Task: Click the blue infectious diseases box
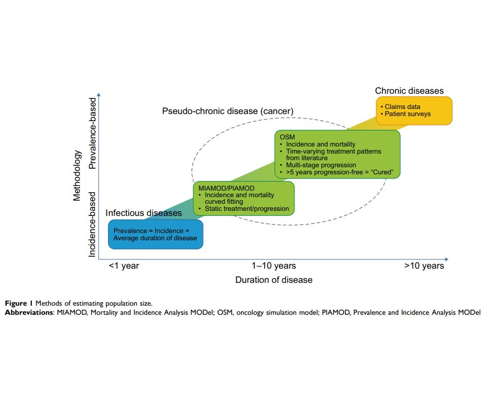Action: (x=156, y=234)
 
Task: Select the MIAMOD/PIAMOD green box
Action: (x=244, y=198)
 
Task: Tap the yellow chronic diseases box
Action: (x=414, y=111)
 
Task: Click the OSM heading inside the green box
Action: (x=287, y=137)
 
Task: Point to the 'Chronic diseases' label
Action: (x=409, y=91)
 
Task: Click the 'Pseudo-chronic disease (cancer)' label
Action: (x=228, y=111)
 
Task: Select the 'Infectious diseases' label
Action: (x=143, y=213)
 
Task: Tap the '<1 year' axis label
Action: (x=124, y=266)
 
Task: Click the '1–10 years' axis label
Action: (x=274, y=266)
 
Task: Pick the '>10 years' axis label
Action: (x=424, y=266)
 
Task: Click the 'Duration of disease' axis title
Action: (x=274, y=280)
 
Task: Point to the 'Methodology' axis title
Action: (x=77, y=175)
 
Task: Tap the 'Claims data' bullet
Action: (x=402, y=107)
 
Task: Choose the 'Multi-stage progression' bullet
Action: (x=321, y=165)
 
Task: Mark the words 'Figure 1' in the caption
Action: (x=19, y=304)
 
